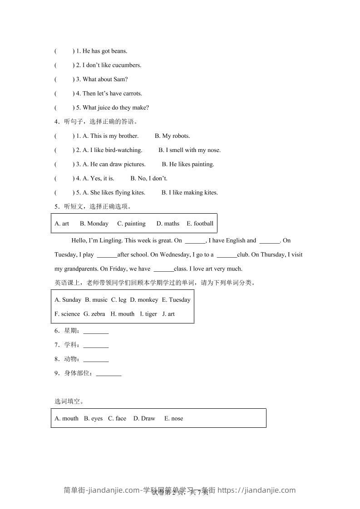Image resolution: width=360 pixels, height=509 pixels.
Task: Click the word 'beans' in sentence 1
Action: [118, 51]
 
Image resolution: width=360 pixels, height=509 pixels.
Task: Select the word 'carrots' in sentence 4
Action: [133, 93]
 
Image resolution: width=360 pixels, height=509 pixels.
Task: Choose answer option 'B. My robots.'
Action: [172, 136]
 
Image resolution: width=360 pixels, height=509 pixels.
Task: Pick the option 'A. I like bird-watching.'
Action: [113, 150]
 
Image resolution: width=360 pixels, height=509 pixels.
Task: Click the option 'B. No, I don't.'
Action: [149, 178]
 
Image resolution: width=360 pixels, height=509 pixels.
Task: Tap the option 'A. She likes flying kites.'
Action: [114, 192]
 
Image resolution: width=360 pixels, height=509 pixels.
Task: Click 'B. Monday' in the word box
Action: [94, 223]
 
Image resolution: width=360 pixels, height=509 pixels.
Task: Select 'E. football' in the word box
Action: [200, 223]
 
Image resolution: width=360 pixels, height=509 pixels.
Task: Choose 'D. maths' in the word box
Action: [168, 223]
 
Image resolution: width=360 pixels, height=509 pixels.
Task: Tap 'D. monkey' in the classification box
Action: [144, 299]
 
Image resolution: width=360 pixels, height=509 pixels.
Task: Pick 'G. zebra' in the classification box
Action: [94, 313]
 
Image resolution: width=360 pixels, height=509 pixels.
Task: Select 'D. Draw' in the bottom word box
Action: [144, 418]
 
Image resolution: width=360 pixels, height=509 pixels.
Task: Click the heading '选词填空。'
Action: [69, 401]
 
